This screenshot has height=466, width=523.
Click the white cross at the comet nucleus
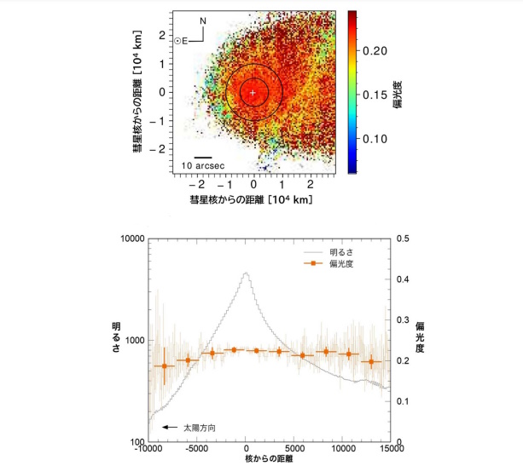pyautogui.click(x=253, y=91)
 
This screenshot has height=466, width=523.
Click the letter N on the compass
pyautogui.click(x=202, y=20)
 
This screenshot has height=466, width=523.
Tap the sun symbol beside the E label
pyautogui.click(x=177, y=40)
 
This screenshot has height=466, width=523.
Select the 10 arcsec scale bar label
pyautogui.click(x=203, y=165)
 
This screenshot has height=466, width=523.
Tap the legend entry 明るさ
pyautogui.click(x=340, y=252)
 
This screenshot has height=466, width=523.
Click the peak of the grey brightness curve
pyautogui.click(x=247, y=273)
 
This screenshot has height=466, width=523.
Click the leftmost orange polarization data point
pyautogui.click(x=164, y=366)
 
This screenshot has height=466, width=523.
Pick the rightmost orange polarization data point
pyautogui.click(x=371, y=362)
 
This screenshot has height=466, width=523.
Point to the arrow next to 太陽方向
pyautogui.click(x=169, y=426)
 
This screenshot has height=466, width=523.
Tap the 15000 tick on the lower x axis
pyautogui.click(x=391, y=450)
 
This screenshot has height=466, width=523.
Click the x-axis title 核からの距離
pyautogui.click(x=268, y=461)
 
